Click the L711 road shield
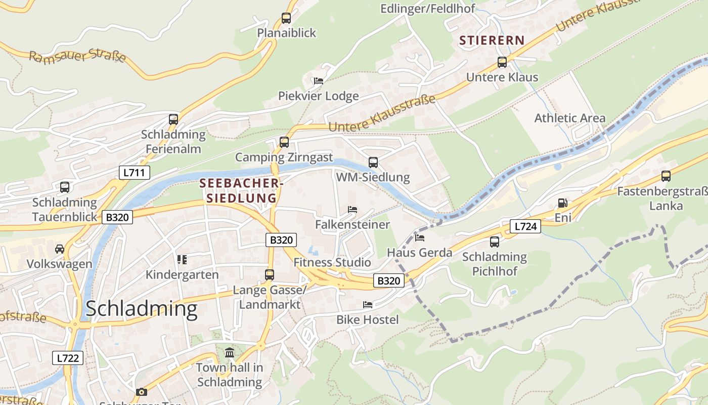coord(135,173)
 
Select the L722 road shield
coord(68,358)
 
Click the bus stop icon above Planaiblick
coord(286,18)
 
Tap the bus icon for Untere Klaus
coord(502,62)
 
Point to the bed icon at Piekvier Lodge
coord(318,80)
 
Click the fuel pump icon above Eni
coord(562,203)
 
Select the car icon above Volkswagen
coord(60,249)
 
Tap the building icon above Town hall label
coord(230,352)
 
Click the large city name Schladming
coord(141,309)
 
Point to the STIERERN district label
coord(492,40)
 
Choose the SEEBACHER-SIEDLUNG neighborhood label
coord(241,190)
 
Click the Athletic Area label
coord(569,118)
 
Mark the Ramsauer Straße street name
coord(77,56)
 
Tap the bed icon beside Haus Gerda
coord(419,237)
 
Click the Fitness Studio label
coord(332,262)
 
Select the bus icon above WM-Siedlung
coord(373,163)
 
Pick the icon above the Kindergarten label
coord(182,260)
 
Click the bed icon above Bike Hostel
coord(368,305)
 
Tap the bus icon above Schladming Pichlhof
coord(494,242)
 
